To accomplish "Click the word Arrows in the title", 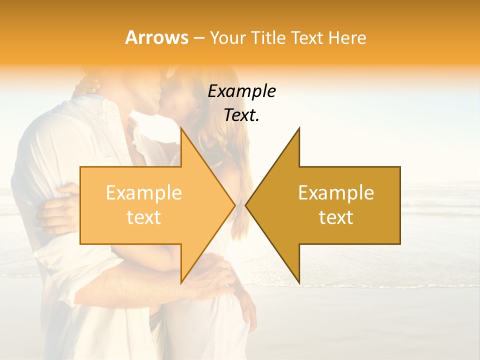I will [156, 37].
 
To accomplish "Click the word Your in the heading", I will [227, 38].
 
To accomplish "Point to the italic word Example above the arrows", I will [242, 91].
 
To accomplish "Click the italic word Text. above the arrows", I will [242, 115].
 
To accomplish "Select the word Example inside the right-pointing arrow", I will [144, 192].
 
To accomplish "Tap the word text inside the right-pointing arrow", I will [144, 217].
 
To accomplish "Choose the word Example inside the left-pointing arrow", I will [336, 192].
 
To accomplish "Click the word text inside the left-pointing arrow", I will [336, 217].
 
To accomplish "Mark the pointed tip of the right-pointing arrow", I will [235, 205].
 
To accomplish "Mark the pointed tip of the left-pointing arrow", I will [245, 205].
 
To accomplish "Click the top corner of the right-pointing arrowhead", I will [181, 128].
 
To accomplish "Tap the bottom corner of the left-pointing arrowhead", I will [299, 283].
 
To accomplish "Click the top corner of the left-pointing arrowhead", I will [299, 128].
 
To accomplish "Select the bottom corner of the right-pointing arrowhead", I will [181, 283].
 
